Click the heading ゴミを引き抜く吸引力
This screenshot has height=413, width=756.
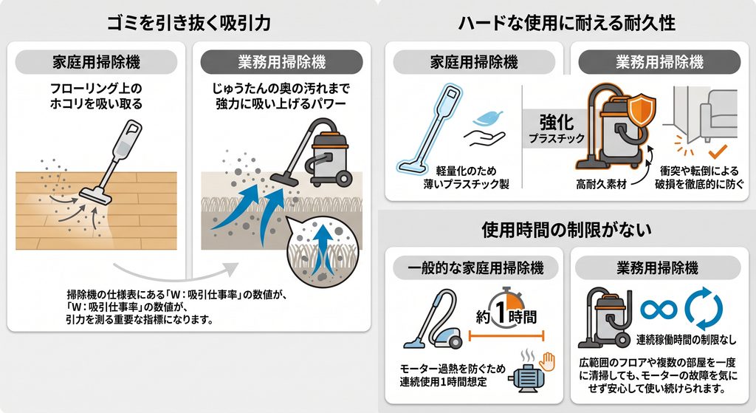pos(188,23)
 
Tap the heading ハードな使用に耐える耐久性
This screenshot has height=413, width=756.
pos(566,23)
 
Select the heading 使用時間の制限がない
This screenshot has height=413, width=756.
pos(566,230)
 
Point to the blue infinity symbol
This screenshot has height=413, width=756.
pos(659,309)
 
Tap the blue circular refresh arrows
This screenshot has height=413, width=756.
pos(704,309)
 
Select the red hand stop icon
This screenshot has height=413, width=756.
pos(547,361)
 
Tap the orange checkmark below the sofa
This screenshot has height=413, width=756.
pos(718,151)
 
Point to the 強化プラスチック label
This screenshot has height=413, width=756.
pos(557,129)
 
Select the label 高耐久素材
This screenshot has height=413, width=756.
pos(601,184)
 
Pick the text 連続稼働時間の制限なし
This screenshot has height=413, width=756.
pos(686,340)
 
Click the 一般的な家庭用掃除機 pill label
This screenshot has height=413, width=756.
pos(475,267)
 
